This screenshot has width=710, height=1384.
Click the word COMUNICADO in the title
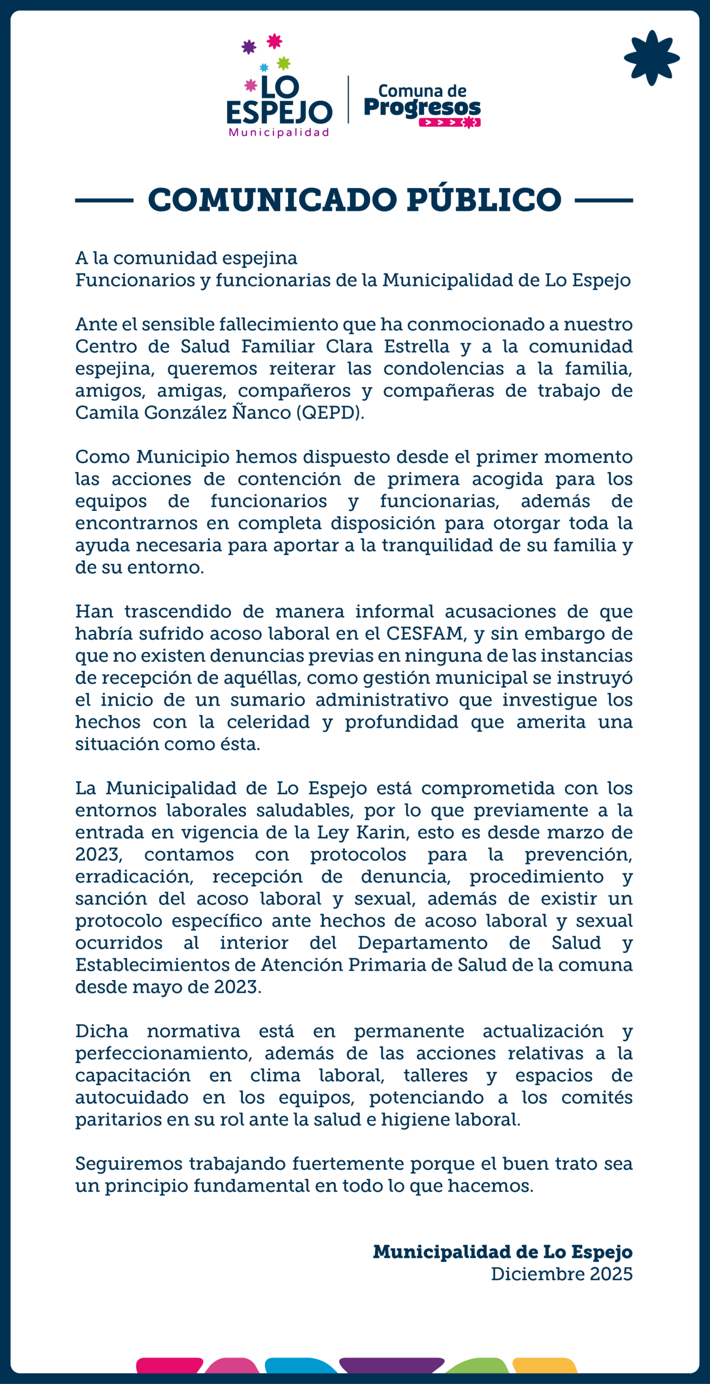(272, 200)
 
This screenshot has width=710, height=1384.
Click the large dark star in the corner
(652, 58)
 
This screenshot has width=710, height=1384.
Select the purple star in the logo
(249, 47)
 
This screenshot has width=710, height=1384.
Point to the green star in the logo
(284, 63)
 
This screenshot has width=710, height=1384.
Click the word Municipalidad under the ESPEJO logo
(279, 132)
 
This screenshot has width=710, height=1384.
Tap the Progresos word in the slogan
(422, 107)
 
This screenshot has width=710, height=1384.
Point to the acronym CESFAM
(425, 633)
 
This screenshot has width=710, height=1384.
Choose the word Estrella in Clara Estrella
(416, 346)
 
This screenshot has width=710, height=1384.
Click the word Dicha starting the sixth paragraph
(102, 1031)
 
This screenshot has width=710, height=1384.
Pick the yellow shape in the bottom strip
(545, 1366)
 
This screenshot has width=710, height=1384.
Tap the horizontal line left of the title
(104, 200)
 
